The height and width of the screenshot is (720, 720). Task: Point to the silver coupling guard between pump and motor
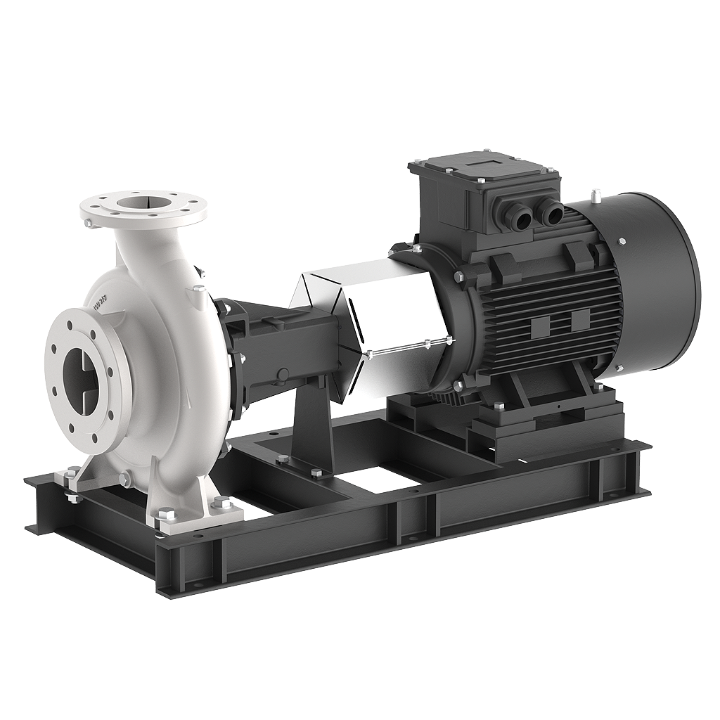[380, 316]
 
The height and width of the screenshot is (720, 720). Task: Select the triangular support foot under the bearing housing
[309, 429]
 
